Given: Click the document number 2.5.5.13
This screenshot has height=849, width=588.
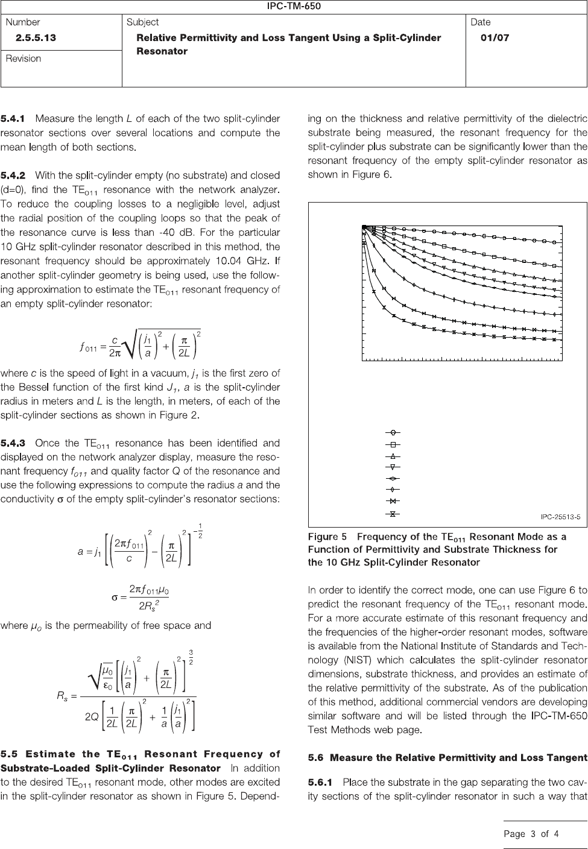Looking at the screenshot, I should pyautogui.click(x=36, y=37).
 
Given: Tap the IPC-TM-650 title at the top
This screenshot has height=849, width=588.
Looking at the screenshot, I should pyautogui.click(x=294, y=7).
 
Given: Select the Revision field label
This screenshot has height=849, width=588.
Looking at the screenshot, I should pyautogui.click(x=24, y=58).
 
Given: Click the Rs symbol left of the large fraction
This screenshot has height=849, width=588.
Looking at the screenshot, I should pyautogui.click(x=62, y=696).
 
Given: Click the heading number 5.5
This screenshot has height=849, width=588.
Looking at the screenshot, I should pyautogui.click(x=13, y=754).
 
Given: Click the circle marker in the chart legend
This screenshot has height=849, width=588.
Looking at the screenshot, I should pyautogui.click(x=393, y=432).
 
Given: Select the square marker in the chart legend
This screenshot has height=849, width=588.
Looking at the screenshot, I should pyautogui.click(x=393, y=444).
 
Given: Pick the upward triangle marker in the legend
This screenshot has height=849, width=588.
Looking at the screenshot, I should pyautogui.click(x=393, y=455).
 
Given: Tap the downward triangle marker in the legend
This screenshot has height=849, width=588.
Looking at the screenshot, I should pyautogui.click(x=393, y=467).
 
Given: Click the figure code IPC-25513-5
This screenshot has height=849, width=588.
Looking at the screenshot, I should pyautogui.click(x=560, y=516).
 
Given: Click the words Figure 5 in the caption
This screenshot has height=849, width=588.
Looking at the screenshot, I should pyautogui.click(x=327, y=536).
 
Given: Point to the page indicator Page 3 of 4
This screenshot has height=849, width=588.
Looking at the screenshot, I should pyautogui.click(x=531, y=834).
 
